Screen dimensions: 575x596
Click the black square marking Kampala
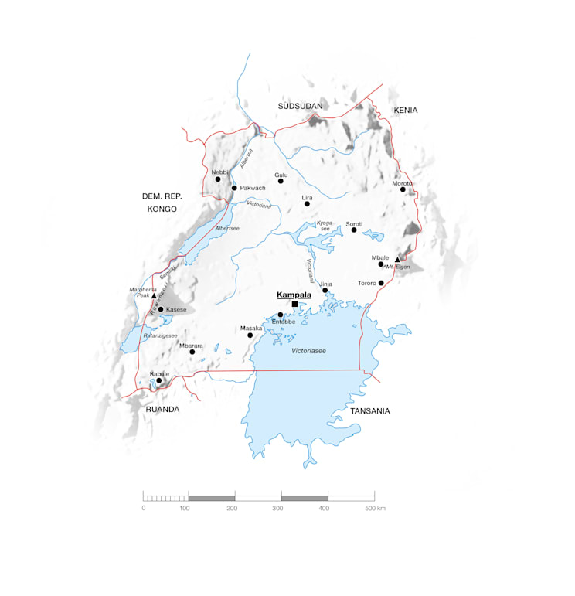click(294, 305)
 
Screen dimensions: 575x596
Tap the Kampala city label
click(294, 295)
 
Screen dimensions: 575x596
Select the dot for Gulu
click(281, 181)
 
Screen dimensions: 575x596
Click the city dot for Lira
click(307, 204)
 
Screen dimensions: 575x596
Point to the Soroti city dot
click(354, 230)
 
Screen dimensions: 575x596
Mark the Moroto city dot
click(403, 189)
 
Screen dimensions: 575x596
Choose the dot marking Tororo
click(381, 283)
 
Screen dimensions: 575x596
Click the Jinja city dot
click(325, 291)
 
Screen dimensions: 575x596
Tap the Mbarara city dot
click(192, 352)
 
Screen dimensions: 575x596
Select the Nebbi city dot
click(217, 179)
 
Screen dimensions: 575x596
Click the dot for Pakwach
click(234, 188)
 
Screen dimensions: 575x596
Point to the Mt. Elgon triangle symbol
click(397, 260)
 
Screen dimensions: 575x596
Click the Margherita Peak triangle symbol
click(153, 296)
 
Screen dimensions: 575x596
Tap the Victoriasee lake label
click(308, 351)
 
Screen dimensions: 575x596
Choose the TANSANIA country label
click(370, 410)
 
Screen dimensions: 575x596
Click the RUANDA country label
click(162, 409)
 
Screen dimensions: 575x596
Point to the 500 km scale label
click(375, 508)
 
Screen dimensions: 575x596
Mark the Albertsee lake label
click(227, 230)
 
